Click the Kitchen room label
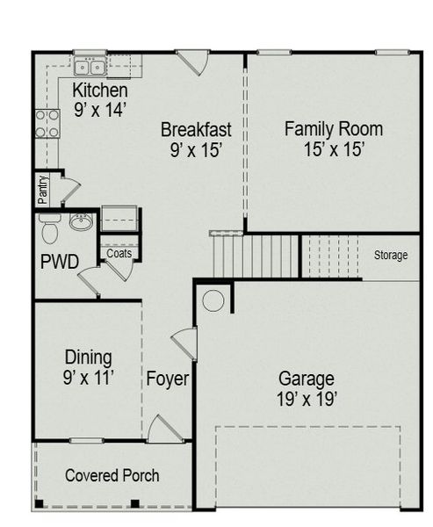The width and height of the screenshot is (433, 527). [100, 90]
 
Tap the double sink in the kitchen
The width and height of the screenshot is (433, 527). [90, 67]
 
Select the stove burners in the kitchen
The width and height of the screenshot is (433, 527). [47, 124]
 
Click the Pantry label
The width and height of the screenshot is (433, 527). [42, 189]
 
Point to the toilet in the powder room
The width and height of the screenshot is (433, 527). [49, 229]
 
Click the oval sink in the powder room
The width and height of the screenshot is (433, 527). [82, 223]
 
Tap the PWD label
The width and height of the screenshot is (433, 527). [60, 262]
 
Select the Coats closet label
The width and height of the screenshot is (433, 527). [119, 254]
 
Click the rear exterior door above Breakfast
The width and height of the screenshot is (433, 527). [193, 61]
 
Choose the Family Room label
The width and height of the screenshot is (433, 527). [333, 129]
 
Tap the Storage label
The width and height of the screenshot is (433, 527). [391, 256]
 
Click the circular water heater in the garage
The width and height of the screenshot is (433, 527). [213, 300]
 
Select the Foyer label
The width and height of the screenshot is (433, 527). [167, 380]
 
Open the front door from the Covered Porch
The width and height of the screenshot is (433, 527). [164, 430]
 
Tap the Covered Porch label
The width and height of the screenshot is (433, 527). [112, 475]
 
